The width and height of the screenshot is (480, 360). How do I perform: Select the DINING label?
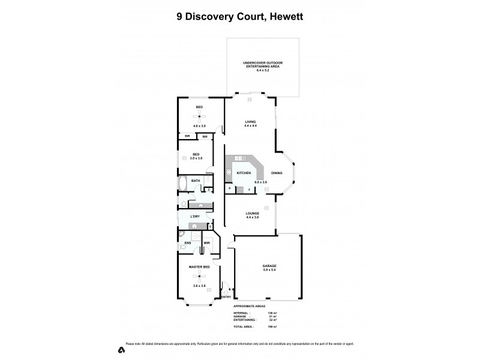277,173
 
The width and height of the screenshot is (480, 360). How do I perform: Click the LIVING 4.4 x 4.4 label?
250,124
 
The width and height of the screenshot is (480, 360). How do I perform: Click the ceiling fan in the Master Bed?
199,275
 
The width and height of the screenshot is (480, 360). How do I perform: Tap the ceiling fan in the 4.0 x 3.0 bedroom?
199,116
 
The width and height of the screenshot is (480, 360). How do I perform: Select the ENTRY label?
226,297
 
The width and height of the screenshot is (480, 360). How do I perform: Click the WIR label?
206,242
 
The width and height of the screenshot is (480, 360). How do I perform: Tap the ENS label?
188,242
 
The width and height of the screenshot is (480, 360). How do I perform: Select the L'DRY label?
195,216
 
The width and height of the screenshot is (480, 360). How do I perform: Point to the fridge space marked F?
249,190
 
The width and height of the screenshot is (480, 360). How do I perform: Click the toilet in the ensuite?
181,247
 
